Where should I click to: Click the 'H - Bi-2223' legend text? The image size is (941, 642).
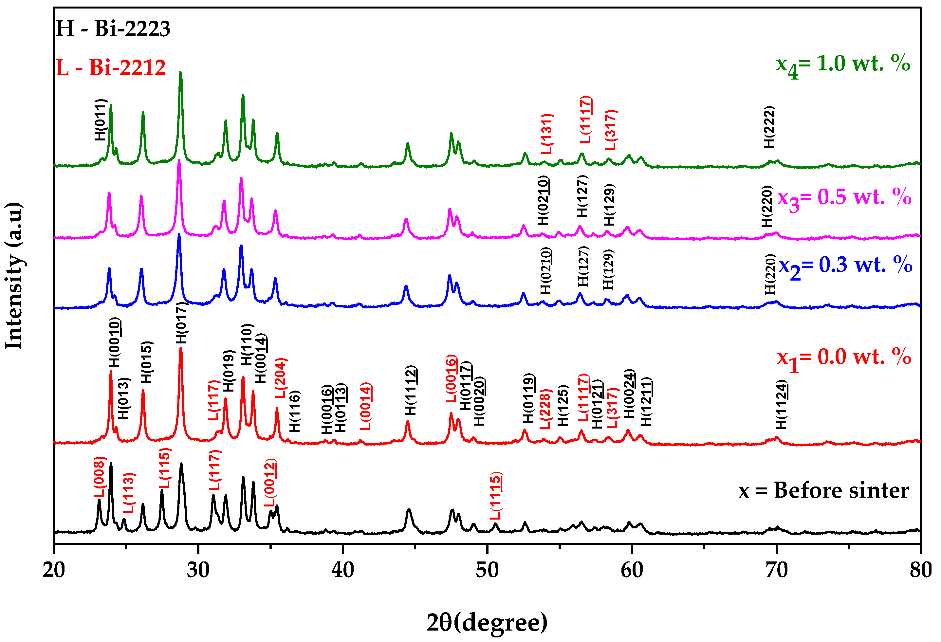pyautogui.click(x=113, y=29)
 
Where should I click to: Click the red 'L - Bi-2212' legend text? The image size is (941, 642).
pyautogui.click(x=111, y=67)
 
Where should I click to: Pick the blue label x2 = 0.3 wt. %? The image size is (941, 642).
pyautogui.click(x=845, y=266)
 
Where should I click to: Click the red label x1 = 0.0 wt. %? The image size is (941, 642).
pyautogui.click(x=844, y=358)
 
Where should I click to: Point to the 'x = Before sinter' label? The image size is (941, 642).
pyautogui.click(x=823, y=491)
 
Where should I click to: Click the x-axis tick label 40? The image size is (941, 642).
pyautogui.click(x=342, y=570)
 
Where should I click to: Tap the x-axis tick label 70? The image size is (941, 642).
pyautogui.click(x=776, y=570)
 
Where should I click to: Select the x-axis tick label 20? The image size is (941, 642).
pyautogui.click(x=53, y=570)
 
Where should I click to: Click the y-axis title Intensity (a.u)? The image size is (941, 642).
pyautogui.click(x=14, y=275)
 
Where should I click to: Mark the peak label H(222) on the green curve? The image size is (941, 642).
pyautogui.click(x=768, y=127)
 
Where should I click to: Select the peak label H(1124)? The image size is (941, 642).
pyautogui.click(x=781, y=404)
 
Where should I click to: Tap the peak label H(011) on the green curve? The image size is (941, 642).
pyautogui.click(x=100, y=120)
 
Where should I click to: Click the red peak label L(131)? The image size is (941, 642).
pyautogui.click(x=547, y=134)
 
